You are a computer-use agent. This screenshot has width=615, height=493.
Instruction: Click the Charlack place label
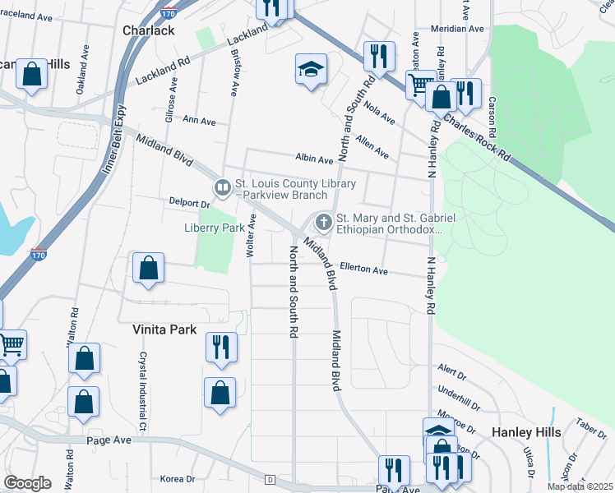point(149,30)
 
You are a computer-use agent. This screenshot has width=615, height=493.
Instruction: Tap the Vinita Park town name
point(165,329)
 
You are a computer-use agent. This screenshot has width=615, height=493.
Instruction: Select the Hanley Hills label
point(526,432)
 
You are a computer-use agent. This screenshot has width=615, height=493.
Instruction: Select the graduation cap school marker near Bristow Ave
point(312,70)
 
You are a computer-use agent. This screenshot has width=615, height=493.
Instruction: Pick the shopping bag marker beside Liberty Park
point(148,269)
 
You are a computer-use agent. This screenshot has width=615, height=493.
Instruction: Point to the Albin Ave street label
point(315,158)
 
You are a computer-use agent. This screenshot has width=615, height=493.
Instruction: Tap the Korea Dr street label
point(178,479)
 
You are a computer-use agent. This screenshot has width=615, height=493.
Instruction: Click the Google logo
point(27,483)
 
